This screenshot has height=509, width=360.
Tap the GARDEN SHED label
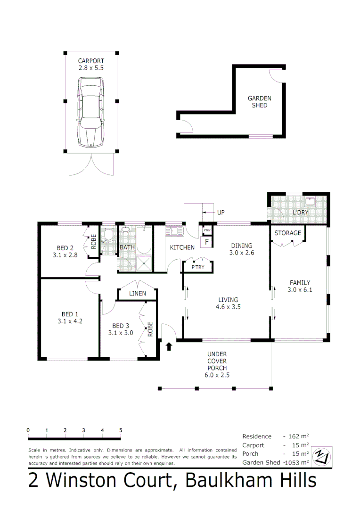[x=260, y=102]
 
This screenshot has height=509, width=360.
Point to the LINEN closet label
[x=138, y=294]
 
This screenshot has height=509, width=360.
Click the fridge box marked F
[x=205, y=242]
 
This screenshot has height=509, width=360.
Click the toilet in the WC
[x=108, y=235]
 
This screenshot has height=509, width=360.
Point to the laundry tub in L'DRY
[x=310, y=202]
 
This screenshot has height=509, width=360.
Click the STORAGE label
[x=287, y=233]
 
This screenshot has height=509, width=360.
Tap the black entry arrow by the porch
[x=169, y=346]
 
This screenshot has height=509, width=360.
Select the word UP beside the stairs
[x=221, y=213]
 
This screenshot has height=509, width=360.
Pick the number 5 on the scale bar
[x=121, y=430]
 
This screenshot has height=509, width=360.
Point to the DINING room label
[x=241, y=246]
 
